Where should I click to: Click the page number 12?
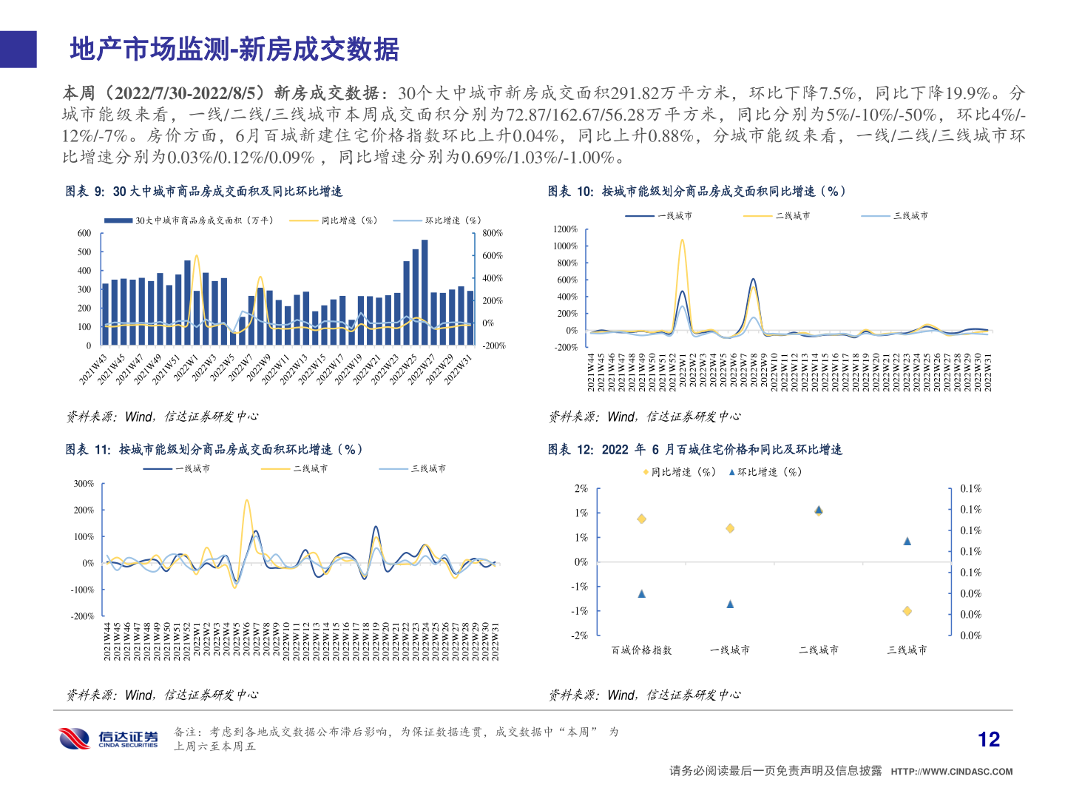point(988,739)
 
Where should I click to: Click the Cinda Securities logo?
point(109,738)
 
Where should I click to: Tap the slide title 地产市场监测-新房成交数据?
point(234,50)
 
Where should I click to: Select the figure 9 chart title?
point(204,192)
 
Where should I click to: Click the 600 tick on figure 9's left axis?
point(84,233)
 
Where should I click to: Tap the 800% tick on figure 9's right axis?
point(493,233)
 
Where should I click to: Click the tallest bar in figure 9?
point(425,291)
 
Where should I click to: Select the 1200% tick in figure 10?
point(566,229)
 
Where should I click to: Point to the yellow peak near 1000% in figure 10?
point(682,240)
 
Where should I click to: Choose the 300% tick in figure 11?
point(84,484)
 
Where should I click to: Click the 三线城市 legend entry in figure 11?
point(428,469)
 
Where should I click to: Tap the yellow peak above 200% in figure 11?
point(246,501)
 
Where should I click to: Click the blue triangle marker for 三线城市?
point(907,541)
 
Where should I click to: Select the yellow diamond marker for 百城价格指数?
point(641,519)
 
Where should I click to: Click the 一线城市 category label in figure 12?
point(730,650)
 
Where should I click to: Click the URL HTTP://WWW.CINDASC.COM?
point(952,772)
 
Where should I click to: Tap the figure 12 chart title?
point(695,450)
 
